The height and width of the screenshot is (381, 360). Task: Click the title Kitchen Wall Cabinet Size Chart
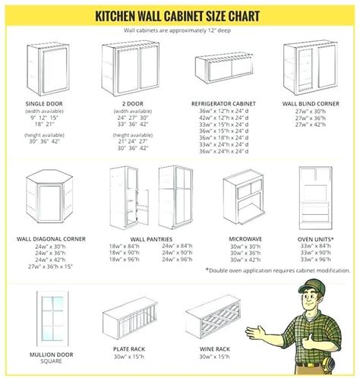180,15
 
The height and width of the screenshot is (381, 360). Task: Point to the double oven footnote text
277,270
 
